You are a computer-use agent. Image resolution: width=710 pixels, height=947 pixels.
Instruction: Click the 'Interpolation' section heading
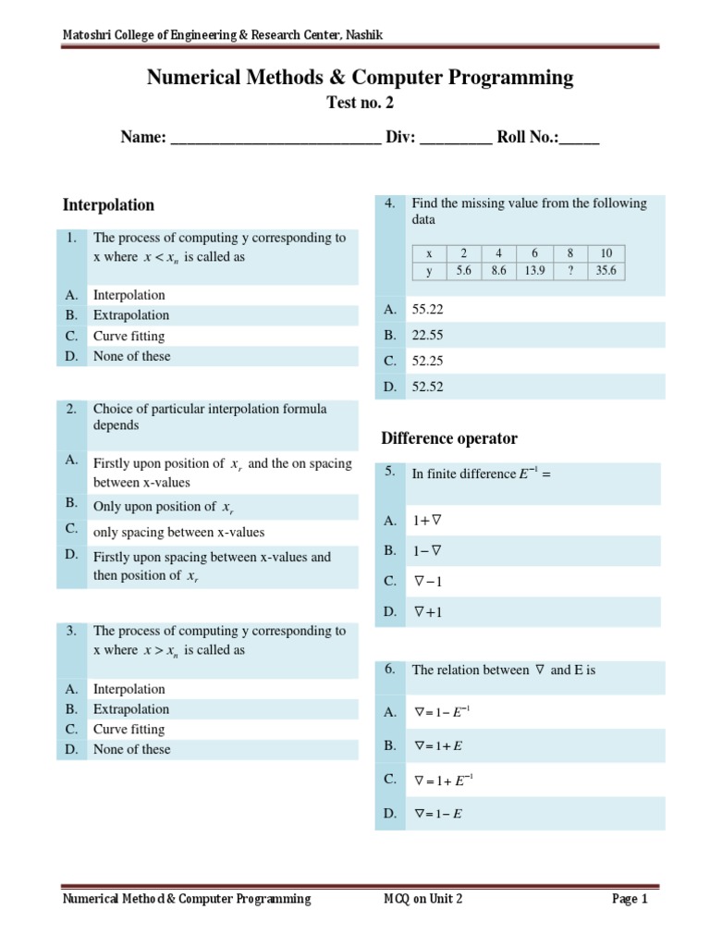point(108,205)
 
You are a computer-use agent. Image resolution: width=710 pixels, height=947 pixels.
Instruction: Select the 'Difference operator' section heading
point(449,438)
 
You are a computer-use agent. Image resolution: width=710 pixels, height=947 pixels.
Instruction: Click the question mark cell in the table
point(570,271)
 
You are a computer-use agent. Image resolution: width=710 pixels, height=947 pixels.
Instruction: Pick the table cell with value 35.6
point(606,271)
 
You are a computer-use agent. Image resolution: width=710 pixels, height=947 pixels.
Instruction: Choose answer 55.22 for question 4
point(427,310)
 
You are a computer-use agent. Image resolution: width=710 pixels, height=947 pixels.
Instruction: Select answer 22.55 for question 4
point(427,335)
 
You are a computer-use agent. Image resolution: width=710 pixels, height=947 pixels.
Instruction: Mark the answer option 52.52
point(427,387)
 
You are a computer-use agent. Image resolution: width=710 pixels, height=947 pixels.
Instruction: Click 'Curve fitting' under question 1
point(129,336)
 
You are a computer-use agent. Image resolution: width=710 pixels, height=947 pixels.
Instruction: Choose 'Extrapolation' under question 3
point(131,709)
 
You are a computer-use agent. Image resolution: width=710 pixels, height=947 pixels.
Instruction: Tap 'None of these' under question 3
point(131,749)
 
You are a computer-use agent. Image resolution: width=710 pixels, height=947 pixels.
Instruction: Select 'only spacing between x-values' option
point(178,532)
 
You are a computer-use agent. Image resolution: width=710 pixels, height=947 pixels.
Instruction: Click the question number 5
point(390,472)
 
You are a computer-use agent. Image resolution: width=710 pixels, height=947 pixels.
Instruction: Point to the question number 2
point(71,408)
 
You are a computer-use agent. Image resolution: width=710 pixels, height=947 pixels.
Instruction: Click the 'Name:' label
point(143,138)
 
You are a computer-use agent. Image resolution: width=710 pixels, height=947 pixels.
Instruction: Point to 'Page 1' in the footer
point(630,898)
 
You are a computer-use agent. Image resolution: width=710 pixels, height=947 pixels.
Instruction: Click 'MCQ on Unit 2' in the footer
point(422,898)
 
